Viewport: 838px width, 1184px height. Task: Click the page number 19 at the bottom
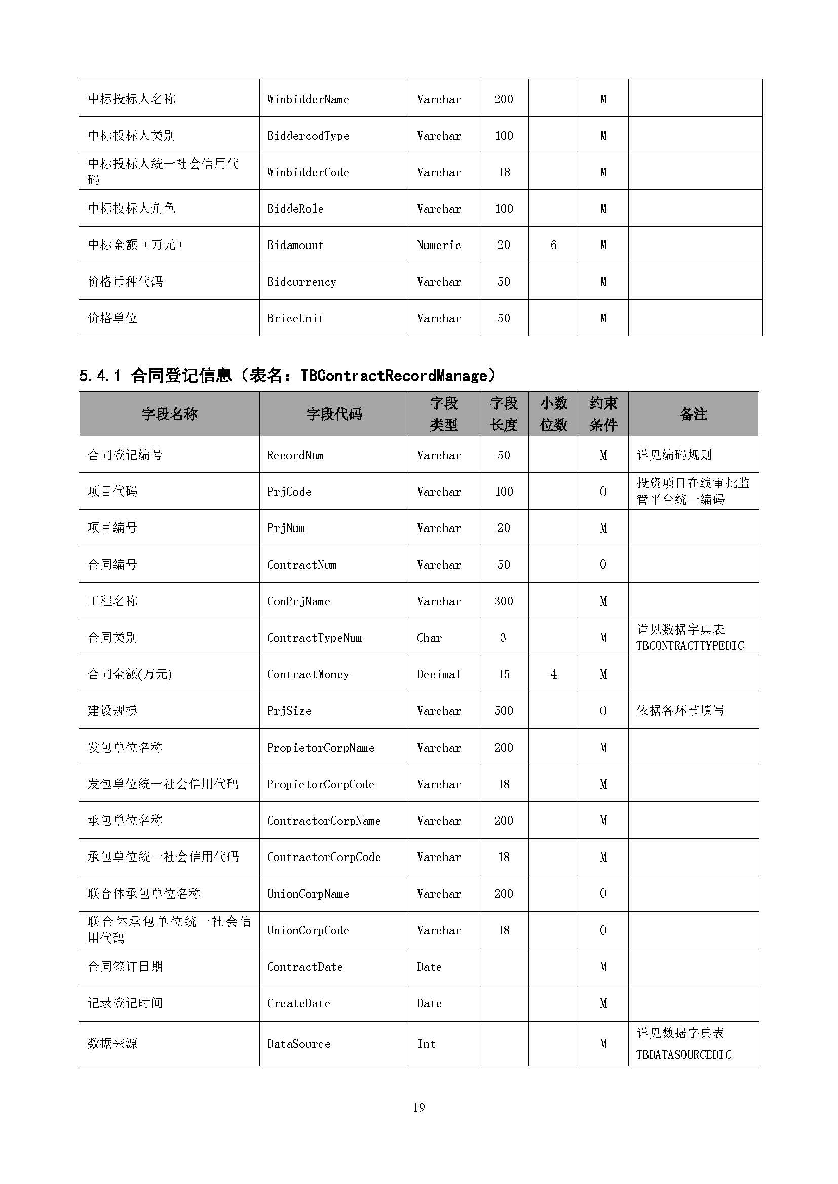(x=418, y=1107)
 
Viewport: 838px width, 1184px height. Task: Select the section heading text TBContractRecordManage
(x=393, y=376)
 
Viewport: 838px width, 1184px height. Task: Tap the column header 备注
(x=693, y=414)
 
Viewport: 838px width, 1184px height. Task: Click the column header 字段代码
(x=334, y=414)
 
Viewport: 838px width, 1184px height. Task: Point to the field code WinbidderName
(x=308, y=99)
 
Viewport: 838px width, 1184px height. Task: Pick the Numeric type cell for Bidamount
(x=439, y=245)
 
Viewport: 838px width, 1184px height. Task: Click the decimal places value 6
(x=553, y=245)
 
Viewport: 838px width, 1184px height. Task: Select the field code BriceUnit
(x=295, y=318)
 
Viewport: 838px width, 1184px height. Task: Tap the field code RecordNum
(x=295, y=455)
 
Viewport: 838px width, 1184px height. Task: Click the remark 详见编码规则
(x=674, y=455)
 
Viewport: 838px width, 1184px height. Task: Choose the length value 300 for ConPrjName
(x=503, y=601)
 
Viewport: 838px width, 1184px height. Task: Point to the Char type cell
(x=429, y=638)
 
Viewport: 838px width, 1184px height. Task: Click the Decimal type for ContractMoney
(x=439, y=674)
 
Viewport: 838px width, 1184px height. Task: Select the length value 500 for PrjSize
(x=503, y=711)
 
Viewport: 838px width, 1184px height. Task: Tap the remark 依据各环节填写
(x=680, y=711)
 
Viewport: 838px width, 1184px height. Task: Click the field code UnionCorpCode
(x=308, y=930)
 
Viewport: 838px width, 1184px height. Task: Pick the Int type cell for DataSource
(x=426, y=1044)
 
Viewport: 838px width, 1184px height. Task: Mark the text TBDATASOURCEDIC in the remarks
(x=683, y=1054)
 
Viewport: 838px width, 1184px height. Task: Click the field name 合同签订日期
(x=125, y=967)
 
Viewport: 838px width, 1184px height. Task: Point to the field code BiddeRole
(x=295, y=209)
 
